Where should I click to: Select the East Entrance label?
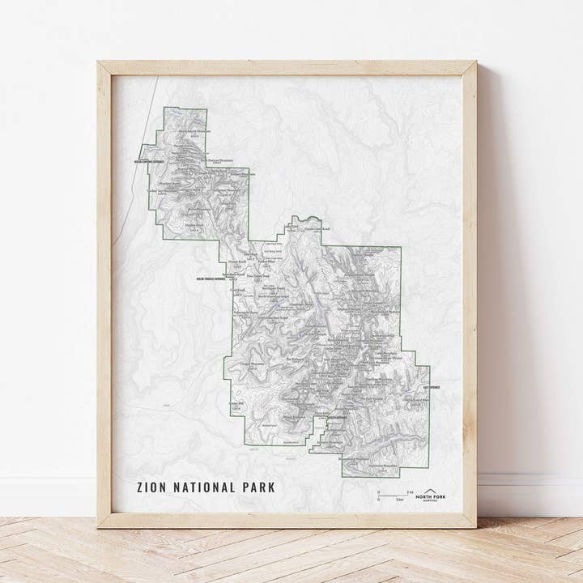tap(431, 388)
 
